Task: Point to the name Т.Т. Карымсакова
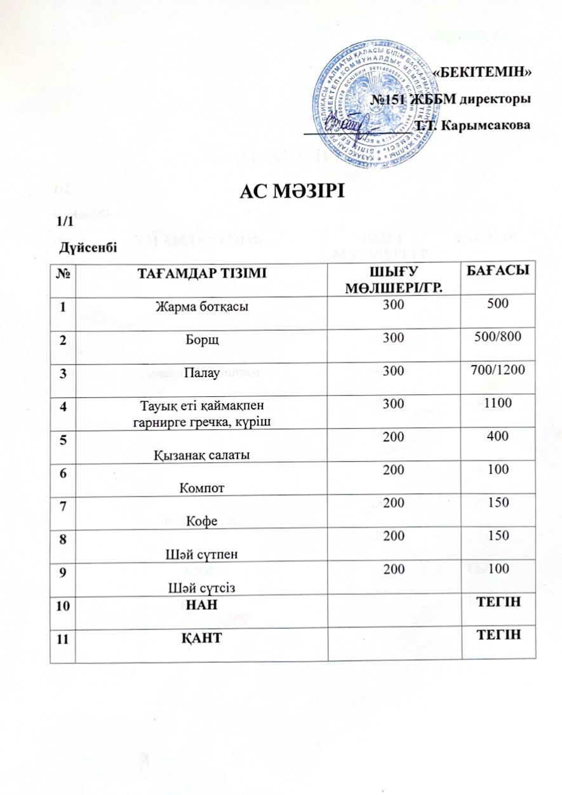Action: click(472, 126)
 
